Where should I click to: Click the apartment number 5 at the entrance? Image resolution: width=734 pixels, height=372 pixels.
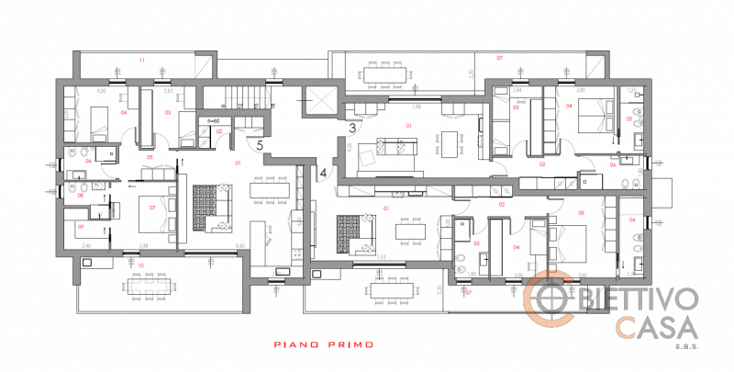pyautogui.click(x=260, y=144)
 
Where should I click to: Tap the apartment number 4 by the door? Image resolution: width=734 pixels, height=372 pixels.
pyautogui.click(x=323, y=171)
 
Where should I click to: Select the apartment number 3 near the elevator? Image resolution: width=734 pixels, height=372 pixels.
pyautogui.click(x=351, y=127)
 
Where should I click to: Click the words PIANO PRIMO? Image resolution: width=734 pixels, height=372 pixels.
pyautogui.click(x=324, y=345)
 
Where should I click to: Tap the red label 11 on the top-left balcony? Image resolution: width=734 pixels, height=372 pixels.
pyautogui.click(x=141, y=60)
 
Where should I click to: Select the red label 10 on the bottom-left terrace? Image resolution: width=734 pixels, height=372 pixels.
pyautogui.click(x=139, y=265)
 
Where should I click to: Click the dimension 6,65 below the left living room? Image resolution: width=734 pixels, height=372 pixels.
pyautogui.click(x=239, y=246)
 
